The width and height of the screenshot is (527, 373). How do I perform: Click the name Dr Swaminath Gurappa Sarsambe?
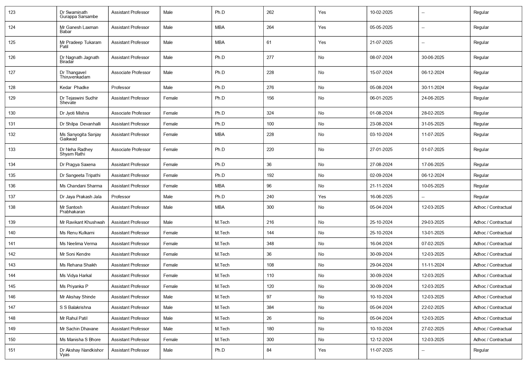point(79,14)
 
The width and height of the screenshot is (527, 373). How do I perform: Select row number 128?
point(12,88)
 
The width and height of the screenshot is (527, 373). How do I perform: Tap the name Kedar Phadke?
point(74,88)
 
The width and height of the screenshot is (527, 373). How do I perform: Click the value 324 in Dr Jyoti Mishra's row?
point(270,113)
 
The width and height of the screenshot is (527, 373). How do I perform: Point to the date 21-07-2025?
point(381,42)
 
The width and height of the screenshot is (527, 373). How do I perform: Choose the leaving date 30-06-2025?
point(433,57)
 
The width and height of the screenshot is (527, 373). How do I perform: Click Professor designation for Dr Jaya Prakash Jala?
point(121,197)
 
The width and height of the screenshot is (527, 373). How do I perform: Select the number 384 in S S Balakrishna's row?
point(270,307)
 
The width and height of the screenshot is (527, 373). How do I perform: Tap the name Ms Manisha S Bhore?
point(80,340)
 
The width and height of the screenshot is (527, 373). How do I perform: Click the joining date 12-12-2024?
point(381,340)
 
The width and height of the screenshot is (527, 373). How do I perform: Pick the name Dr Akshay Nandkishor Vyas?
point(81,352)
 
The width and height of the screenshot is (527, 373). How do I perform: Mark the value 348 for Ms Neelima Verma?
point(270,244)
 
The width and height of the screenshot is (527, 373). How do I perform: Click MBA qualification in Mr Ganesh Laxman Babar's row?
point(220,27)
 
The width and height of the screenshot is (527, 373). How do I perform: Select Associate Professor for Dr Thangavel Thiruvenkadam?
point(131,72)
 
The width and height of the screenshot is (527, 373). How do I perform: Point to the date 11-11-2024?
point(433,265)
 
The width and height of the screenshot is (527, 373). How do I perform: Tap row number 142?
point(12,254)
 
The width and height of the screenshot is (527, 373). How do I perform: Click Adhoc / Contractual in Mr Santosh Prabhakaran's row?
point(492,207)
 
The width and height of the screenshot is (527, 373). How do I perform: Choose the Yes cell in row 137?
point(322,197)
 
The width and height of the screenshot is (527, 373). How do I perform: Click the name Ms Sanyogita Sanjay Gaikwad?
point(80,137)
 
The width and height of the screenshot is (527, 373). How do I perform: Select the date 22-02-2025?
point(433,307)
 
